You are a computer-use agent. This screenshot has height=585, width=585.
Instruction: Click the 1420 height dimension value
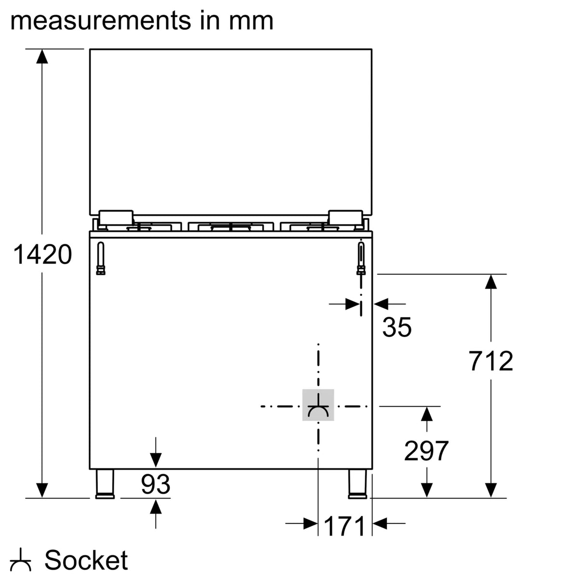[42, 254]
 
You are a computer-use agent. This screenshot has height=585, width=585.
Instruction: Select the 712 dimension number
[491, 361]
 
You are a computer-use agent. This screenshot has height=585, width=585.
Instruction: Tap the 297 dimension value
[426, 451]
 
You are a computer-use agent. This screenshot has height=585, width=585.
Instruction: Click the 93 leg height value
[155, 484]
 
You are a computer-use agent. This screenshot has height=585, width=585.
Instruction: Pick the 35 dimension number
[397, 327]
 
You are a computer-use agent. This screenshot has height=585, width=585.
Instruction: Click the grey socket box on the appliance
[318, 405]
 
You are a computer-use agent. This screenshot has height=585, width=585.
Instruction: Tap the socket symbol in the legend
[21, 560]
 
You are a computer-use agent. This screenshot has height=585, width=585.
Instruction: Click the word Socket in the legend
[86, 560]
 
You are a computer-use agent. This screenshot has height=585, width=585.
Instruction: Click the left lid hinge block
[116, 217]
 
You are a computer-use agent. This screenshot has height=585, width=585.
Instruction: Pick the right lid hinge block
[346, 217]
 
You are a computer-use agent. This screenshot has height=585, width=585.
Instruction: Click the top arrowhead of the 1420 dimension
[42, 56]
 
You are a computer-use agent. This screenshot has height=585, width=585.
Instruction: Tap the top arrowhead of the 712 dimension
[491, 281]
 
